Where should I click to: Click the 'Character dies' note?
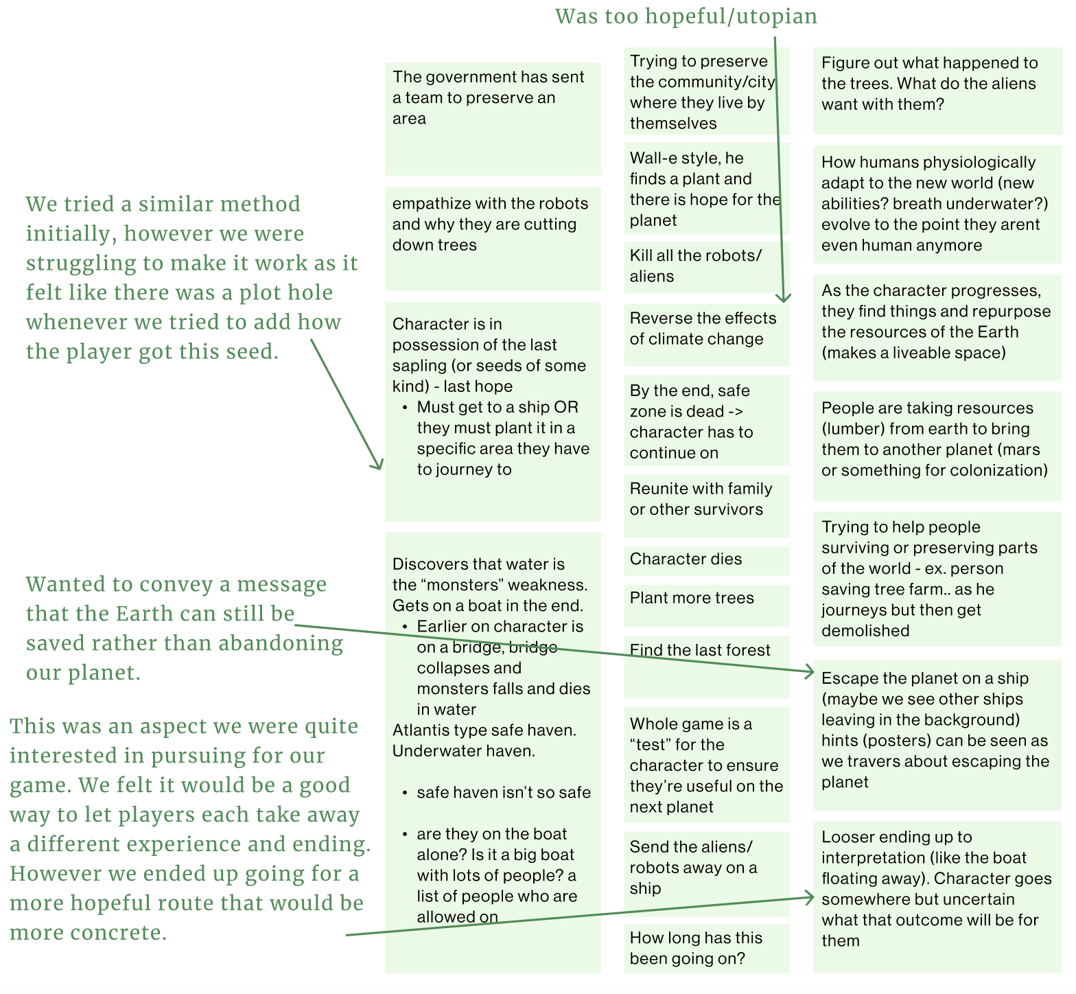coord(686,559)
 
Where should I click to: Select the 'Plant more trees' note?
coord(692,599)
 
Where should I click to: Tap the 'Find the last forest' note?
coord(700,651)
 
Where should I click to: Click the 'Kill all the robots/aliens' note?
coord(696,266)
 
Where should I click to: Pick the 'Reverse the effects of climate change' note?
coord(703,329)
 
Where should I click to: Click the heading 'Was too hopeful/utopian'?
coord(686,16)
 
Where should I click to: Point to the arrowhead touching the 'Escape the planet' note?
coord(810,672)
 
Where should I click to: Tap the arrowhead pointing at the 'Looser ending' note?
coord(810,897)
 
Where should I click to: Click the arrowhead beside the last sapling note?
coord(378,466)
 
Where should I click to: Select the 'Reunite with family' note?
coord(701,499)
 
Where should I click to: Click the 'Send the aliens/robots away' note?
coord(693,868)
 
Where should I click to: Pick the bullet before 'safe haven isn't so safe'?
coord(405,794)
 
